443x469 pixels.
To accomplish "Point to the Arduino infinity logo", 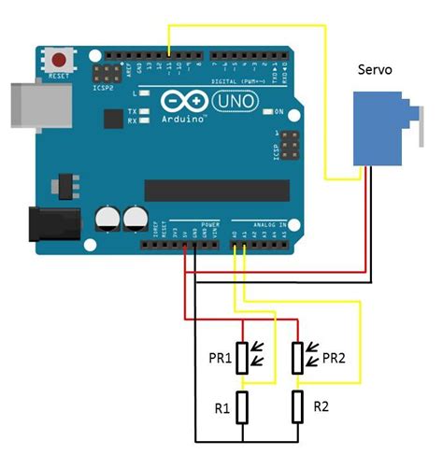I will click(x=179, y=100).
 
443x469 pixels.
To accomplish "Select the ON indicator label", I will click(x=278, y=111).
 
